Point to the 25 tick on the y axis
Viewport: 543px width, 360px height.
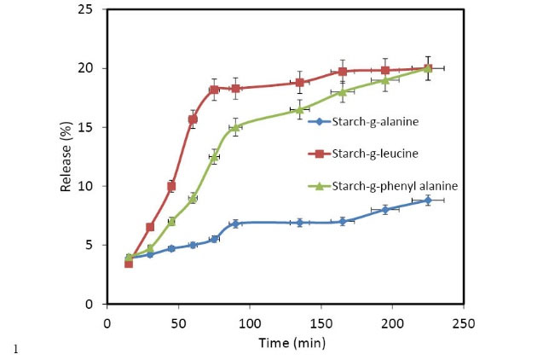click(89, 9)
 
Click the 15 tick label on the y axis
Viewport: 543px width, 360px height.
click(89, 127)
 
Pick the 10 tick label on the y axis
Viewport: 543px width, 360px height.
click(89, 186)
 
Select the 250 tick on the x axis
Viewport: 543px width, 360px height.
click(464, 323)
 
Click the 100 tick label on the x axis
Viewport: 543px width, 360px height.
click(250, 323)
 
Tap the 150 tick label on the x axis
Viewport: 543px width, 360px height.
click(321, 323)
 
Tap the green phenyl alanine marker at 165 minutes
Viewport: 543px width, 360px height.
click(343, 92)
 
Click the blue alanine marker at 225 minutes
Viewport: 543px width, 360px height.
click(428, 200)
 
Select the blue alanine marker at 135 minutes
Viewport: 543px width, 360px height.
click(299, 223)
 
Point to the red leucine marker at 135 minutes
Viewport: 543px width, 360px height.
click(299, 83)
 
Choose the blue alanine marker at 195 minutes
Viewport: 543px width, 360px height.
click(385, 209)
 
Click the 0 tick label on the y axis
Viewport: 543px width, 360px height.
click(92, 304)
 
